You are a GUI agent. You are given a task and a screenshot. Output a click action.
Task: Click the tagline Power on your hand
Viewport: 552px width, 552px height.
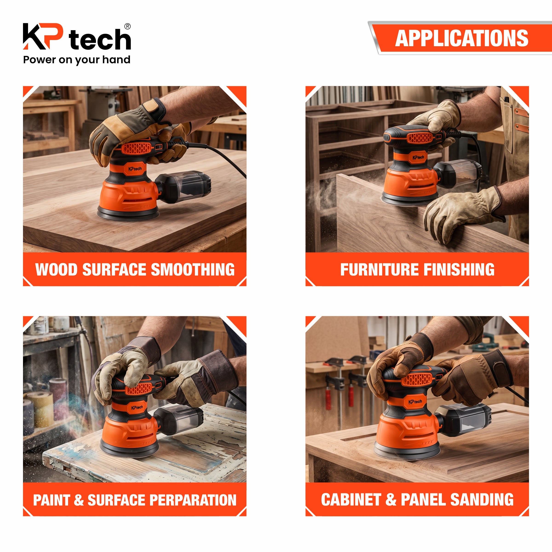coord(77,60)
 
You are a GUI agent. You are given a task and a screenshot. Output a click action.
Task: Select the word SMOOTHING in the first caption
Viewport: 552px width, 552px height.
coord(193,269)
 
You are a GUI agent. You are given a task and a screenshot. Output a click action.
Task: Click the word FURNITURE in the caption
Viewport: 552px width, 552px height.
coord(380,269)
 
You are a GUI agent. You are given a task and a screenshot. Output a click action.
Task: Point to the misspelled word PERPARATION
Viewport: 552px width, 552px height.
coord(193,500)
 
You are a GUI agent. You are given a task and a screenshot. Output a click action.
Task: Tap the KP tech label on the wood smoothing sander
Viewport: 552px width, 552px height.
coord(135,169)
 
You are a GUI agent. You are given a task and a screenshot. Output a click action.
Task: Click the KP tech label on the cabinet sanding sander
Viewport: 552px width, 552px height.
coord(415,402)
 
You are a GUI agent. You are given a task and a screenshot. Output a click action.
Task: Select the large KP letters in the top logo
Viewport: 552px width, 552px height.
coord(43,36)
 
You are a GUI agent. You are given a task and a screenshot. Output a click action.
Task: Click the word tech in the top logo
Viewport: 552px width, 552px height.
coord(100,39)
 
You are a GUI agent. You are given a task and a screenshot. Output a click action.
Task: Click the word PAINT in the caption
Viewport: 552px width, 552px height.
coord(52,500)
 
